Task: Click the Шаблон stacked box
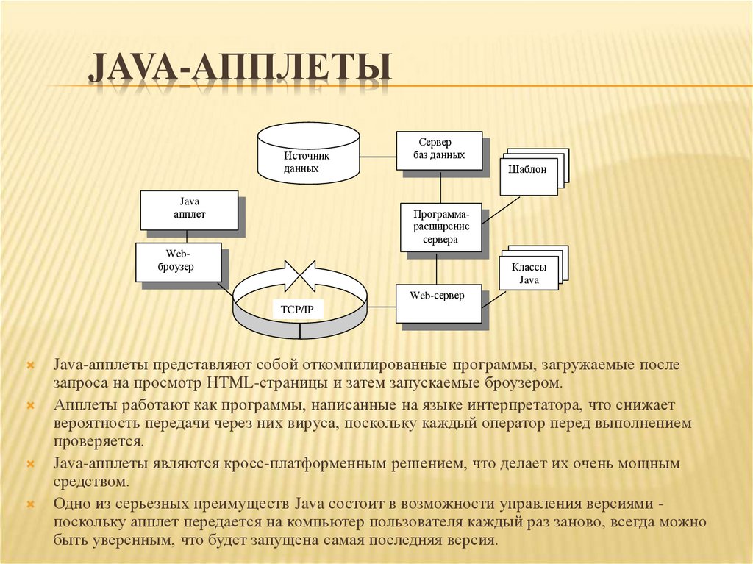[528, 171]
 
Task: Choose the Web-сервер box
[438, 301]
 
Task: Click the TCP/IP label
[297, 310]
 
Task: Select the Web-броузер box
[177, 262]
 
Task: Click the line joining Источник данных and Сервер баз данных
[379, 156]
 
